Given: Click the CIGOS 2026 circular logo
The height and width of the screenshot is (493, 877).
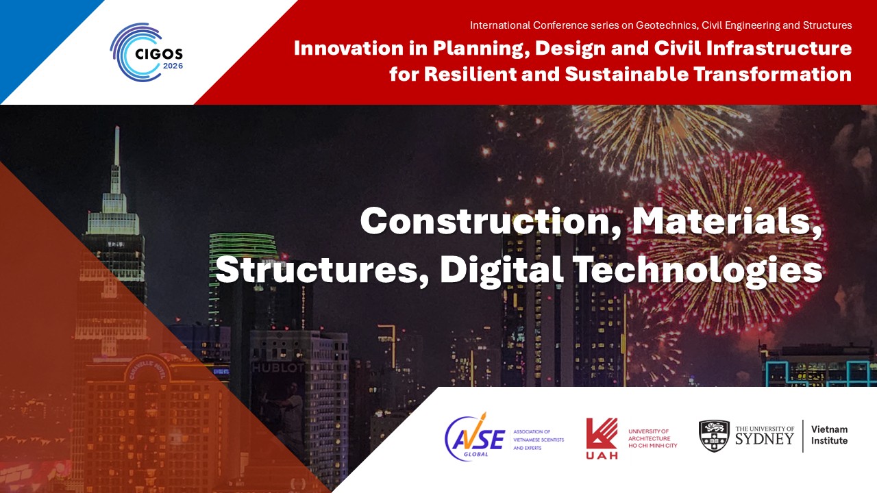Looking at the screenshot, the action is (147, 53).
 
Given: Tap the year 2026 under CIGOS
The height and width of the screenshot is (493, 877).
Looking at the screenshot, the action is (173, 66).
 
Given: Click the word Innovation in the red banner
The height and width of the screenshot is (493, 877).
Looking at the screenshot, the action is (349, 48).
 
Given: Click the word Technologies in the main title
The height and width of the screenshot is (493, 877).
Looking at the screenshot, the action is (697, 270).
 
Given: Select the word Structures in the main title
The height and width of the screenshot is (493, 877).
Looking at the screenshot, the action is (321, 270).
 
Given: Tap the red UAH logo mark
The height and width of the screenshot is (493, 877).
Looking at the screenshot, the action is (602, 438).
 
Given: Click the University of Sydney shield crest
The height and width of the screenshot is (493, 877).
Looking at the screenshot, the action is (714, 436).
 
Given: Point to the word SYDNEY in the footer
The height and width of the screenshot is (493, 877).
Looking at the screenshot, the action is (765, 439).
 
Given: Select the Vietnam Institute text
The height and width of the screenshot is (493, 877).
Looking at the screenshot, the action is (829, 435).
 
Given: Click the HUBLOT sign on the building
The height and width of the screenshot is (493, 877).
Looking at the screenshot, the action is (278, 368).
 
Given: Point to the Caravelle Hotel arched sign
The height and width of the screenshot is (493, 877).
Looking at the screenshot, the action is (147, 369).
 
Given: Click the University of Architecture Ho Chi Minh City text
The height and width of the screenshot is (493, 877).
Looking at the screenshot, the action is (653, 438).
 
